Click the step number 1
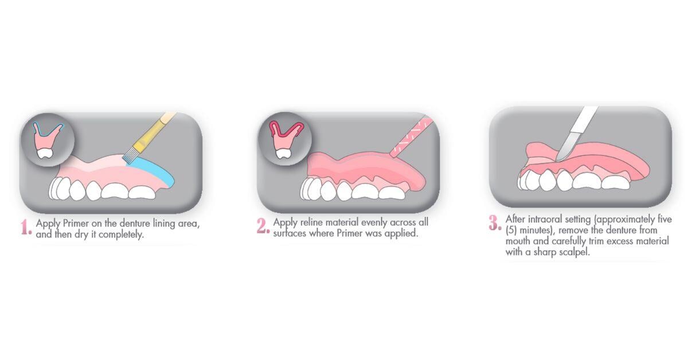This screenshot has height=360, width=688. click(x=26, y=228)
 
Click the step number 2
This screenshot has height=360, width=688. click(x=263, y=226)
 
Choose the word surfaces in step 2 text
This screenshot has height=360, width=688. click(x=292, y=233)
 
